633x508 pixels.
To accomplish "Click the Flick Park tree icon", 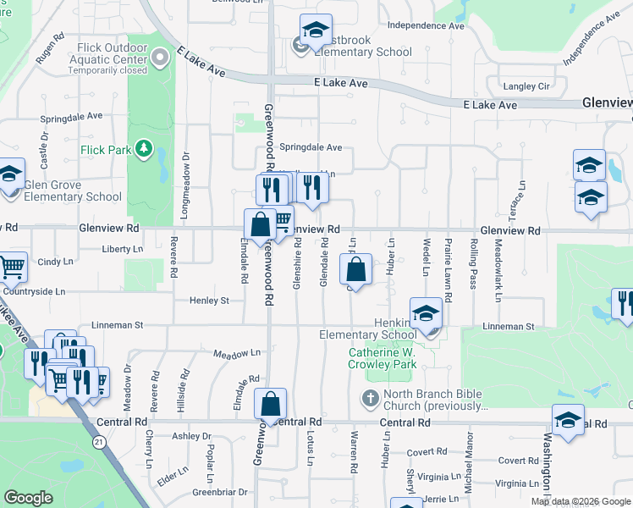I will (x=143, y=150).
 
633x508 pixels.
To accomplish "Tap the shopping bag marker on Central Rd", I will (x=270, y=405).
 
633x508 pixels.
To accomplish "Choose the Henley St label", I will (x=209, y=301).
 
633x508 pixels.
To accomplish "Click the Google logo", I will (x=28, y=498).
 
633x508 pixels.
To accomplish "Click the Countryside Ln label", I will (x=33, y=291).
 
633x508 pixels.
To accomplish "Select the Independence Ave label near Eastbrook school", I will (x=426, y=25).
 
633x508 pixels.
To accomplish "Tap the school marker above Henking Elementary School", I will (x=427, y=314).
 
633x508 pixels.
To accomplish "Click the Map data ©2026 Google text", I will (x=580, y=501).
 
